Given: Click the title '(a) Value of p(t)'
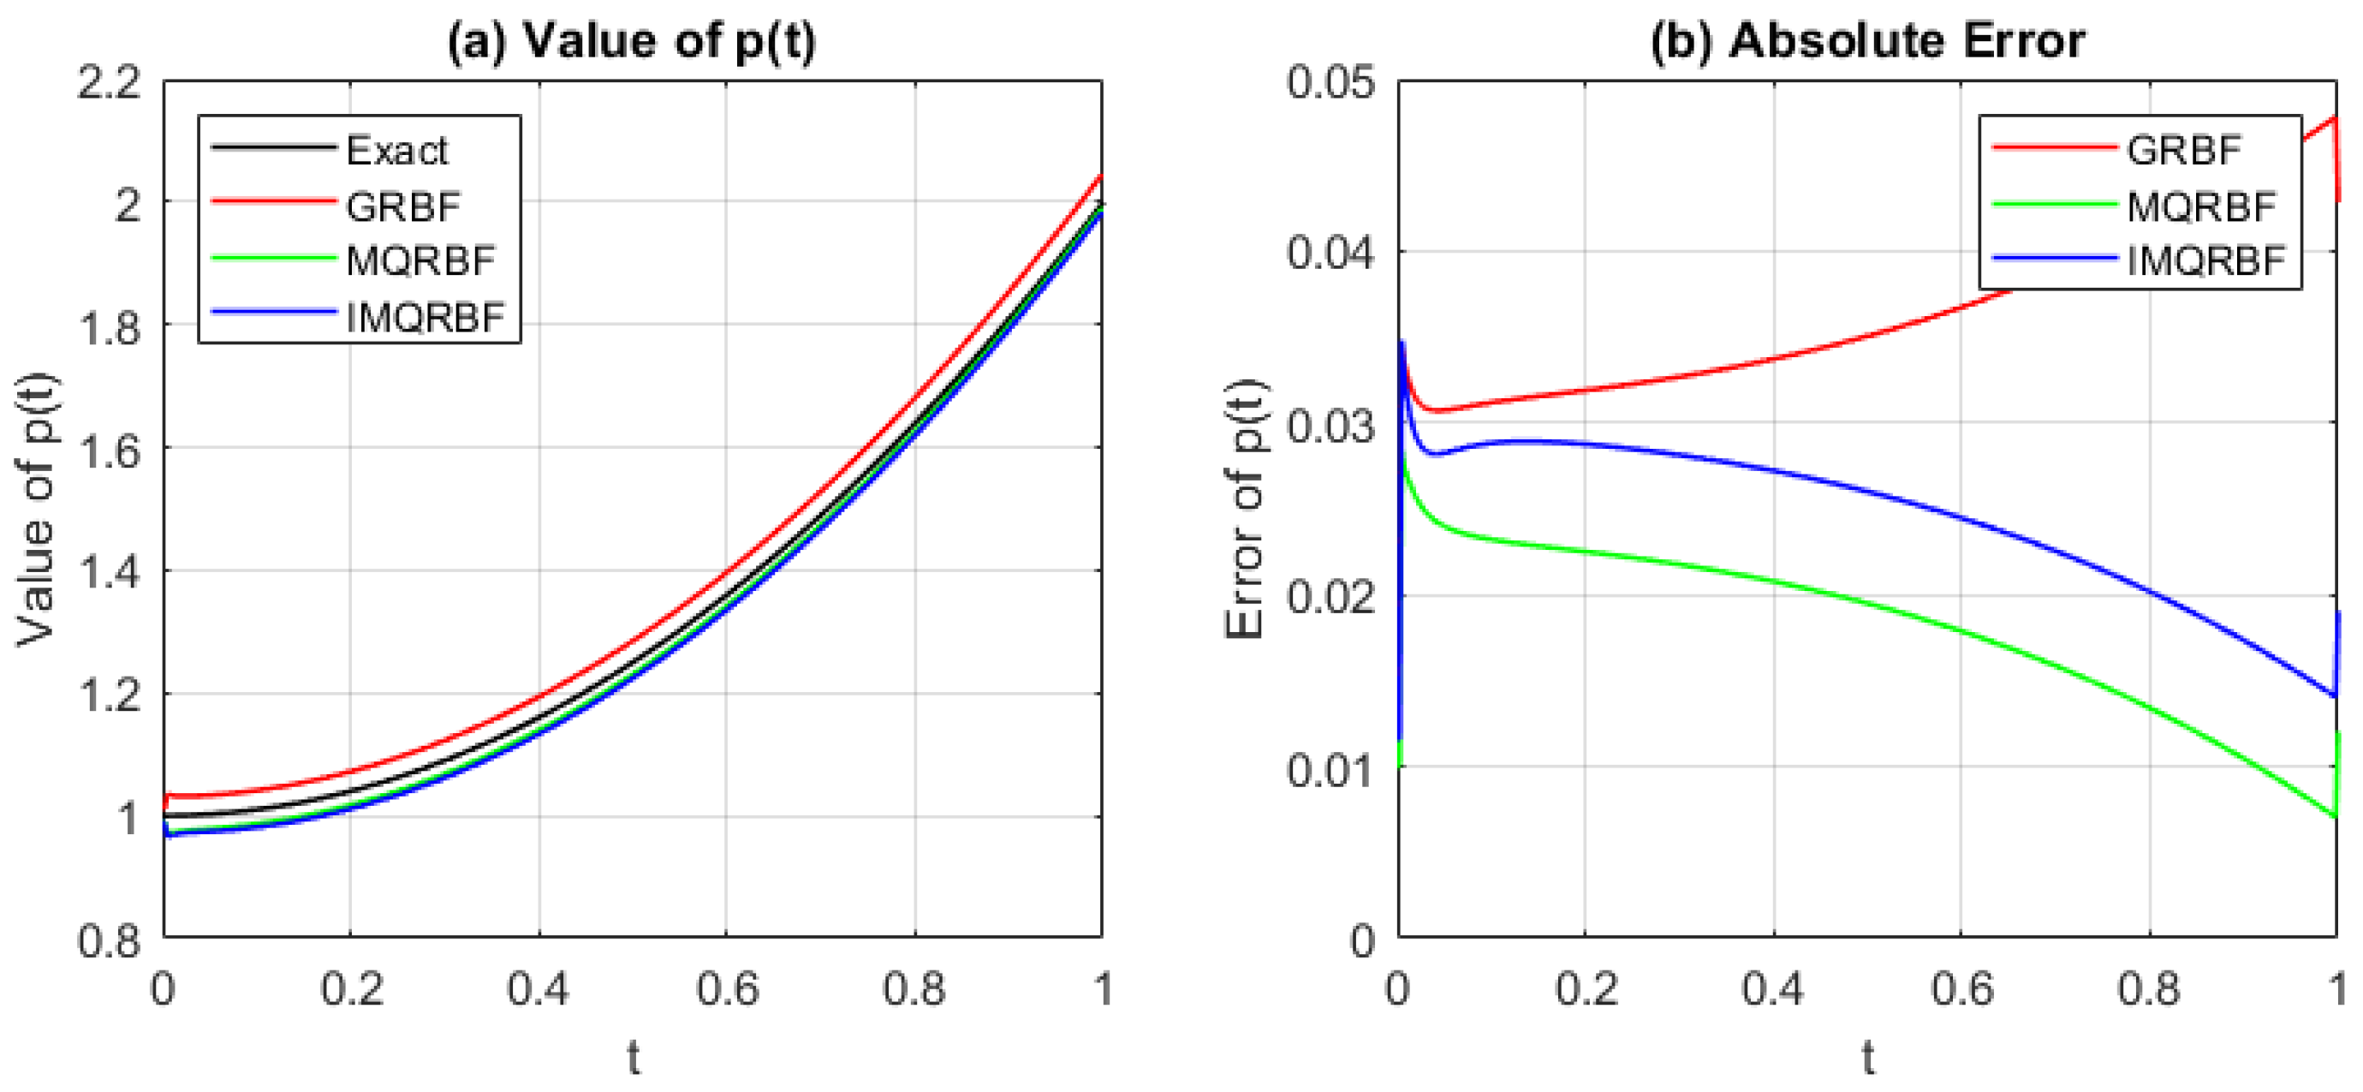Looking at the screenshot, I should click(x=631, y=41).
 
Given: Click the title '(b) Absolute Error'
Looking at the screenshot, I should click(x=1866, y=41).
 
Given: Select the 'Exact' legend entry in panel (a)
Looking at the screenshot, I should click(x=396, y=151).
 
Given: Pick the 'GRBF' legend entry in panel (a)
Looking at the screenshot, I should click(x=402, y=206).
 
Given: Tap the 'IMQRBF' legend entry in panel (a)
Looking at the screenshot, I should click(x=425, y=318).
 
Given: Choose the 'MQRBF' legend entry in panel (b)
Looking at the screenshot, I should click(x=2200, y=206).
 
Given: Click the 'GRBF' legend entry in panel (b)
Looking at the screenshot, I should click(x=2183, y=151).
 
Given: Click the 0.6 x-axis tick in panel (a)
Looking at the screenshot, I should click(x=727, y=989).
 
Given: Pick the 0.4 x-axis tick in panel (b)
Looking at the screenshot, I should click(x=1773, y=989).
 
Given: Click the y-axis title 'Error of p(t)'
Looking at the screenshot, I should click(x=1246, y=510).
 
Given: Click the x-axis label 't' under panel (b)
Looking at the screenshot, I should click(x=1867, y=1058).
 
